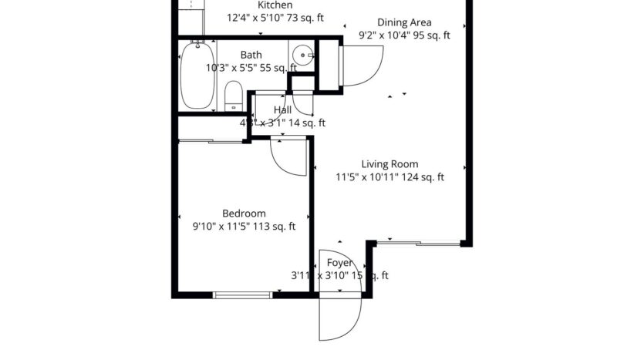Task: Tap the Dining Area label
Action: coord(404,22)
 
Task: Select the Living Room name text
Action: coord(389,164)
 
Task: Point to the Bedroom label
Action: coord(244,214)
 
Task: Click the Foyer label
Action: coord(340,263)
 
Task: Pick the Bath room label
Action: coord(251,55)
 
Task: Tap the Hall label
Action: coord(282,110)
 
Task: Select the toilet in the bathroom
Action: coord(232,97)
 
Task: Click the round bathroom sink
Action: coord(302,54)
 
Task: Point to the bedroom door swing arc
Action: coord(287,158)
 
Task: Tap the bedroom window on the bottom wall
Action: coord(241,294)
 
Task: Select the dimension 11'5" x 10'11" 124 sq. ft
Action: coord(389,177)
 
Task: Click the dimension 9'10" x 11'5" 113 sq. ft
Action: coord(244,227)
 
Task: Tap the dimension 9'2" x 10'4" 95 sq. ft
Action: coord(404,35)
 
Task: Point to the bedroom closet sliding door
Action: coord(210,140)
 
